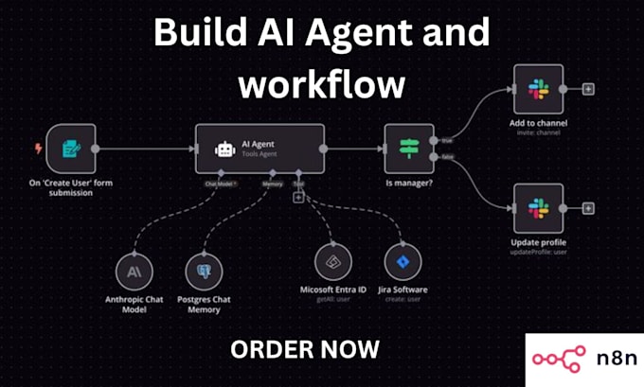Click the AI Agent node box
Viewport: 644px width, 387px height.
coord(259,149)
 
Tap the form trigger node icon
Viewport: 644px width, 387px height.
coord(70,149)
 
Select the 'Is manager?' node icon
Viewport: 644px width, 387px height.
coord(409,149)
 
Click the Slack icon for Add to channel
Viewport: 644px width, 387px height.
coord(538,89)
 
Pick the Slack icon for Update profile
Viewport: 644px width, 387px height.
coord(538,208)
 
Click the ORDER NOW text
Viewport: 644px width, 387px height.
coord(305,348)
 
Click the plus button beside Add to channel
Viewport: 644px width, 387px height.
coord(588,89)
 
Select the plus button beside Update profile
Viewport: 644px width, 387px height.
coord(588,208)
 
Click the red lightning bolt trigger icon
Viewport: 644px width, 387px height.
coord(37,149)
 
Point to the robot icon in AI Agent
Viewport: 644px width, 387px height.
coord(224,150)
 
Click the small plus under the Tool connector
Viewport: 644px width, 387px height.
coord(298,197)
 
